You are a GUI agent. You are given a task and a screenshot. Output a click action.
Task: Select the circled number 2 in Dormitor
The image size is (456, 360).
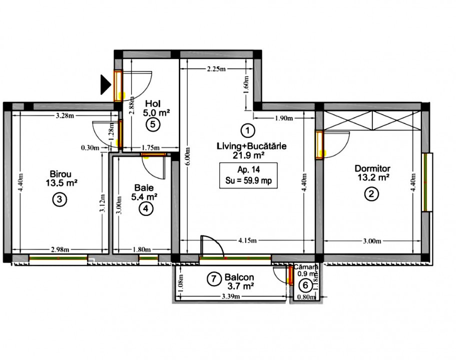pos(371,194)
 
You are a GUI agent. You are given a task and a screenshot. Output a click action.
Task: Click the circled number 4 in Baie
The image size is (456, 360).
pos(146,208)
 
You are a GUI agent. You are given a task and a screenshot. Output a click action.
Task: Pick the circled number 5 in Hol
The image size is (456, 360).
pos(154,125)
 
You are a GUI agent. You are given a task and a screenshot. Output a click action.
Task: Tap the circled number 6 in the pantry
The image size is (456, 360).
pos(304,285)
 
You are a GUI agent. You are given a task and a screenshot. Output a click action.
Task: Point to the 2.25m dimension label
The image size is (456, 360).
pos(216,69)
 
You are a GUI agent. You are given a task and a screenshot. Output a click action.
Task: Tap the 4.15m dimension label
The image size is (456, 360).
pos(247,240)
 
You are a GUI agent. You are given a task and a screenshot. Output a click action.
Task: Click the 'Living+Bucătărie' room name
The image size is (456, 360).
pos(251,146)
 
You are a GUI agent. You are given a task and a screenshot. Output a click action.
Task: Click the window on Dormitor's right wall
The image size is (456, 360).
pos(427,182)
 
